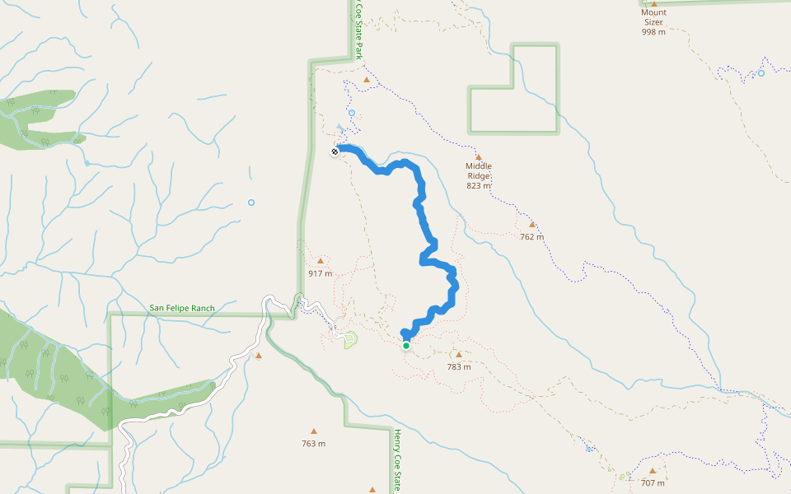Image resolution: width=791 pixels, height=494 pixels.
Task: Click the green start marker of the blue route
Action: (406, 346)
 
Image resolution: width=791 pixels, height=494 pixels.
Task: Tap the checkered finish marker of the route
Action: (335, 151)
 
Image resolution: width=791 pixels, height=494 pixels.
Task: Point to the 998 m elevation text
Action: (653, 32)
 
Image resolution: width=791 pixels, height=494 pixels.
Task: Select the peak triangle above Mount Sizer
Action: (653, 3)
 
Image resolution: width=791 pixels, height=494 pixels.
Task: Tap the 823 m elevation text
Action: (478, 185)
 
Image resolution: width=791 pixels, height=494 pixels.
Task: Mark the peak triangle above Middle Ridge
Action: (478, 156)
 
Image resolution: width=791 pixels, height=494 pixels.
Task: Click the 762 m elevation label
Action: (532, 237)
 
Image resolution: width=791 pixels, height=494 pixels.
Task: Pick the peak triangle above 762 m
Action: (531, 224)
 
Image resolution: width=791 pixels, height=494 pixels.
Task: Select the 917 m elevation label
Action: (321, 273)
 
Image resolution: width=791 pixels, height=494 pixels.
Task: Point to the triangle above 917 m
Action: (321, 261)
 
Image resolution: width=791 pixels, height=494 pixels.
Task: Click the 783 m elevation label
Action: (459, 367)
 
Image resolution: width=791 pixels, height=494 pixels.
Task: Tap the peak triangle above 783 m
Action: (459, 355)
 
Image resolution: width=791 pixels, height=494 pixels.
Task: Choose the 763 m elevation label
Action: (313, 444)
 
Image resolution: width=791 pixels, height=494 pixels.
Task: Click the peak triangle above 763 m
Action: (313, 431)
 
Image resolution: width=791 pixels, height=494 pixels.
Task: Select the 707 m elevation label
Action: (653, 483)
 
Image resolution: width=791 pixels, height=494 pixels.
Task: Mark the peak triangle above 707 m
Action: (652, 471)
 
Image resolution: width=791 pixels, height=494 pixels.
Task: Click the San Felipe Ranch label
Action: (182, 309)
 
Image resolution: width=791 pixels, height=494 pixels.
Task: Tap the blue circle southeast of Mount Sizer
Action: (761, 73)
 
